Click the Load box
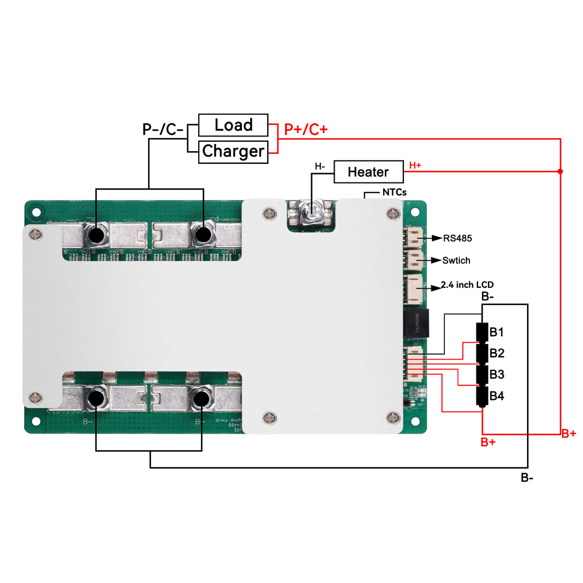233,125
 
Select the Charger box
233,152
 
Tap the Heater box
368,172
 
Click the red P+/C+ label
305,129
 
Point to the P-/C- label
163,129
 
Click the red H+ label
415,166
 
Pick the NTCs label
394,192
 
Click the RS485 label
457,238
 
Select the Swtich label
456,260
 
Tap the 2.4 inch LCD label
468,285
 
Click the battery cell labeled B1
483,332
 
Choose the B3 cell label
497,374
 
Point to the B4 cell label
497,396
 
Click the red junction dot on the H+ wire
560,171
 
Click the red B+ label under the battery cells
488,442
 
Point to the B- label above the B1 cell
488,297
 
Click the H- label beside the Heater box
320,167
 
